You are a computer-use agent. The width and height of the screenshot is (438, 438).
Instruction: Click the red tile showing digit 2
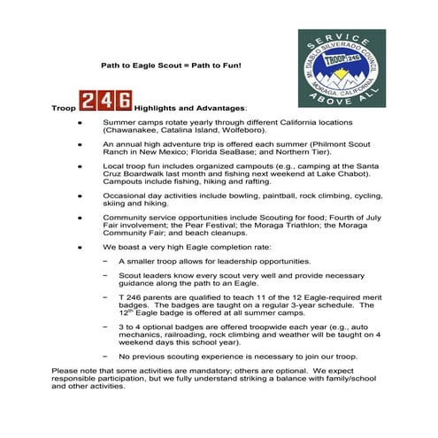(88, 98)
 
